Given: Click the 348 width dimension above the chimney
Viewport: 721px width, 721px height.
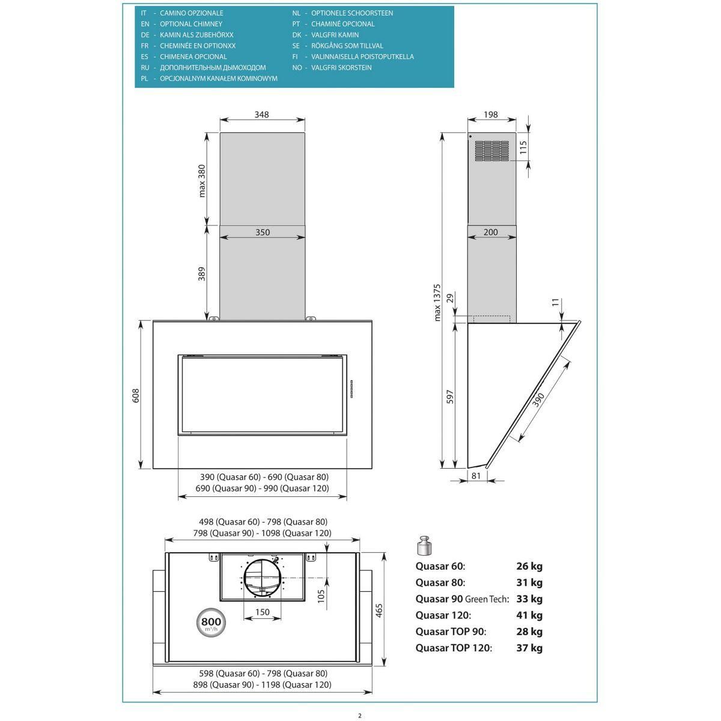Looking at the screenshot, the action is pyautogui.click(x=261, y=115).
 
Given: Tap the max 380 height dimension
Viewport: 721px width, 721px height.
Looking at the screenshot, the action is pyautogui.click(x=202, y=181).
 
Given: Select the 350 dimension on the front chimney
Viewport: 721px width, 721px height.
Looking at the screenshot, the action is pyautogui.click(x=263, y=232).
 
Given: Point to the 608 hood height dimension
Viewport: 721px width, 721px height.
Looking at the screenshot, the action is pyautogui.click(x=135, y=395).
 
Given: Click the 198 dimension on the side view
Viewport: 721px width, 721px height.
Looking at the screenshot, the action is pyautogui.click(x=490, y=115).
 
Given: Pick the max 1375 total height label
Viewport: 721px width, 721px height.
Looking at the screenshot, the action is pyautogui.click(x=437, y=303).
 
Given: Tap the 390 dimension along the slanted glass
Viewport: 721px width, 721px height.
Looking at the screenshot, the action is pyautogui.click(x=538, y=400).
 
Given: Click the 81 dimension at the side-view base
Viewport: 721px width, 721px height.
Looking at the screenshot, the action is pyautogui.click(x=476, y=475).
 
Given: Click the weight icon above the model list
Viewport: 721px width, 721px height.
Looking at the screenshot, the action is pyautogui.click(x=424, y=546).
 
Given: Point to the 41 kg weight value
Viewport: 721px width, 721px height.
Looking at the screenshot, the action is pyautogui.click(x=529, y=615).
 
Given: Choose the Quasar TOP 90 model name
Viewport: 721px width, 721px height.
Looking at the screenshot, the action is pyautogui.click(x=451, y=631).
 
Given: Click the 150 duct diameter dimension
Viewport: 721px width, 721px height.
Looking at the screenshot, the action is pyautogui.click(x=263, y=612).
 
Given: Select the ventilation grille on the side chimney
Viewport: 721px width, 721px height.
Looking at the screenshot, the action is pyautogui.click(x=491, y=151).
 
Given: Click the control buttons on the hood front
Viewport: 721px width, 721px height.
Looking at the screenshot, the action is pyautogui.click(x=351, y=389).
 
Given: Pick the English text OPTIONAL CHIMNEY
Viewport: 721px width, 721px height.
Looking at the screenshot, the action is pyautogui.click(x=191, y=24).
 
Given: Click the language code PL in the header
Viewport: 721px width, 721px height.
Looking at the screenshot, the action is pyautogui.click(x=144, y=79).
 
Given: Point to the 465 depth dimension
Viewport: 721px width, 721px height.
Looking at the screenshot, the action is pyautogui.click(x=379, y=610).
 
